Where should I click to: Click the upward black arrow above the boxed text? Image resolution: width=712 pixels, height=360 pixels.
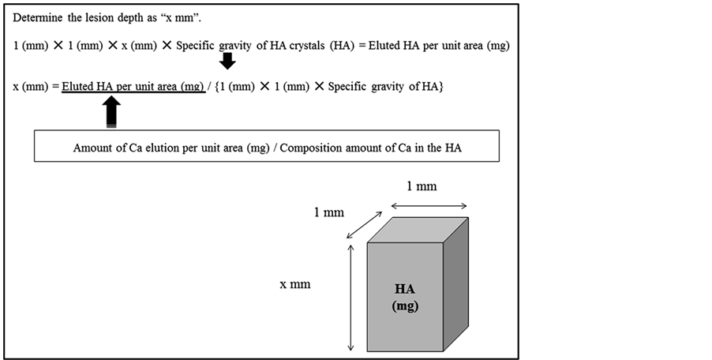pos(112,112)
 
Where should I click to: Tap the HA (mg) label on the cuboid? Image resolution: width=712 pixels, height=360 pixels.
pos(405,298)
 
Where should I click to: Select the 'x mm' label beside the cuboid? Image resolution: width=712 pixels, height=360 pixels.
pos(295,284)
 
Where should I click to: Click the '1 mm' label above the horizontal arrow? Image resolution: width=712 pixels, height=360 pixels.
pos(422,186)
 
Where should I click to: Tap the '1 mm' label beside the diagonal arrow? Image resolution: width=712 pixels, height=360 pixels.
pos(328,213)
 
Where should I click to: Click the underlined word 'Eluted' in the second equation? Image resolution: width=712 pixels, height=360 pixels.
pos(77,85)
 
